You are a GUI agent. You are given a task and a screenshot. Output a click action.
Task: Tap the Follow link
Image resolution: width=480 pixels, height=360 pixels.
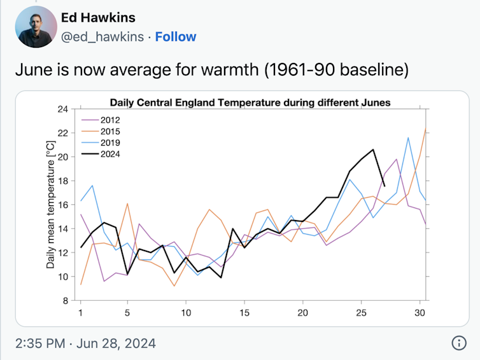tap(176, 37)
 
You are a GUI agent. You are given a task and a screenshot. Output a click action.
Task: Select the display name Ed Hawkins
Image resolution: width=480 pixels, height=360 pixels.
tap(98, 17)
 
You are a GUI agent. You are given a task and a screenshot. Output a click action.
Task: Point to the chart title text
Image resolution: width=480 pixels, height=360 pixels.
tap(250, 102)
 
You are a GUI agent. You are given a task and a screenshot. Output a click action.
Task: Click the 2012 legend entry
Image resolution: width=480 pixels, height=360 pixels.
tap(110, 120)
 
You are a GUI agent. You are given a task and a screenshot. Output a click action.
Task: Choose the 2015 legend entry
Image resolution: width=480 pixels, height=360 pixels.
tap(110, 131)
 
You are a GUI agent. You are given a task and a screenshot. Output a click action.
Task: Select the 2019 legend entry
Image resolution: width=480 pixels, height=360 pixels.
tap(110, 142)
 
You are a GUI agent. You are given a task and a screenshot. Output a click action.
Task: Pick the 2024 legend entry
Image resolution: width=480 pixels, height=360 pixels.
tap(110, 154)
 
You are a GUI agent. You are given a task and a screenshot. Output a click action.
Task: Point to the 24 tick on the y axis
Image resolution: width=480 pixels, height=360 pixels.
tap(63, 109)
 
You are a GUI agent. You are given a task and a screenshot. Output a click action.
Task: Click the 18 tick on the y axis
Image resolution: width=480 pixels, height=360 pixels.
tap(63, 181)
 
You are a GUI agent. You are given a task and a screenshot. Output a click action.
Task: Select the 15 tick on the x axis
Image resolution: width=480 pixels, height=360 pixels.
tap(244, 313)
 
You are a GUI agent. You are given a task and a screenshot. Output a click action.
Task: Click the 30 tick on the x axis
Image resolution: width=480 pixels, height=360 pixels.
tap(420, 313)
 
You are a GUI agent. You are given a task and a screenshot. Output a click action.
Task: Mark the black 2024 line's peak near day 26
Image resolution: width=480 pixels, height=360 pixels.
tap(373, 149)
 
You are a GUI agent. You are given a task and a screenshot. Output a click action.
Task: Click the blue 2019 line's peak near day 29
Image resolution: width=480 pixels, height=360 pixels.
tap(408, 137)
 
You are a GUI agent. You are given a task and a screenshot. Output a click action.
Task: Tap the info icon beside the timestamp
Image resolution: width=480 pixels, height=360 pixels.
tap(458, 343)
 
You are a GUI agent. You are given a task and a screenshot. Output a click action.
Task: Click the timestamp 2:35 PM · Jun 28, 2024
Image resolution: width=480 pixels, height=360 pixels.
tap(85, 343)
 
